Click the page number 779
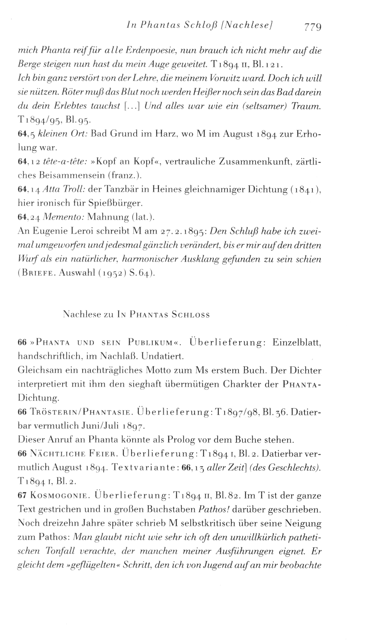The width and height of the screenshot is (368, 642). [x=312, y=27]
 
